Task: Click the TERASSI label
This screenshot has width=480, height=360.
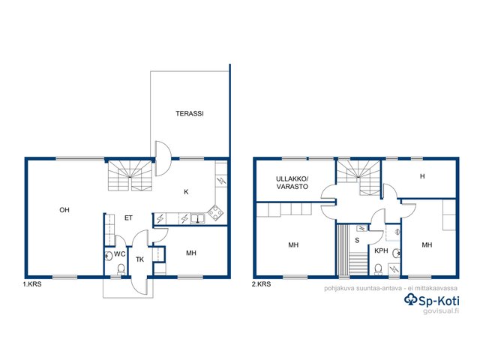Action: tap(190, 113)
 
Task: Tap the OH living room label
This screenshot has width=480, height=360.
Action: tap(64, 210)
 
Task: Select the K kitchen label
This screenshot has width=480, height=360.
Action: tap(186, 192)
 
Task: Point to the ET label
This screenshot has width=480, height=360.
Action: tap(128, 218)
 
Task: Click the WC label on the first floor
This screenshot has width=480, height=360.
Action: tap(120, 254)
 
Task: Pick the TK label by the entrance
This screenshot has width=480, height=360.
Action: tap(140, 259)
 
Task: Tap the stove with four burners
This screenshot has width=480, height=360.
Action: tap(215, 212)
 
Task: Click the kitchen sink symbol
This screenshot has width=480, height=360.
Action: tap(198, 218)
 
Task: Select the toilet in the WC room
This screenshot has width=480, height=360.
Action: tap(121, 269)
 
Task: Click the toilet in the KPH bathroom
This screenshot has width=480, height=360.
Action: tap(379, 269)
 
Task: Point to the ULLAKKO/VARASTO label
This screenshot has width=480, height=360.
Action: tap(292, 183)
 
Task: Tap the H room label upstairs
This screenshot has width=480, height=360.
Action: tap(422, 176)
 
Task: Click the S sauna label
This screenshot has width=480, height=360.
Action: tap(357, 241)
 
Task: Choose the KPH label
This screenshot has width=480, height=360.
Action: tap(381, 251)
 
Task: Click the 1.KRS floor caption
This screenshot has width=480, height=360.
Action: tap(32, 284)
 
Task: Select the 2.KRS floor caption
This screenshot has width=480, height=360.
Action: tap(262, 284)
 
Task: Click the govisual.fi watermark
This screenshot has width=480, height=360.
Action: tap(441, 311)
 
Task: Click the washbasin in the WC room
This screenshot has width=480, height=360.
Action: tap(109, 256)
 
